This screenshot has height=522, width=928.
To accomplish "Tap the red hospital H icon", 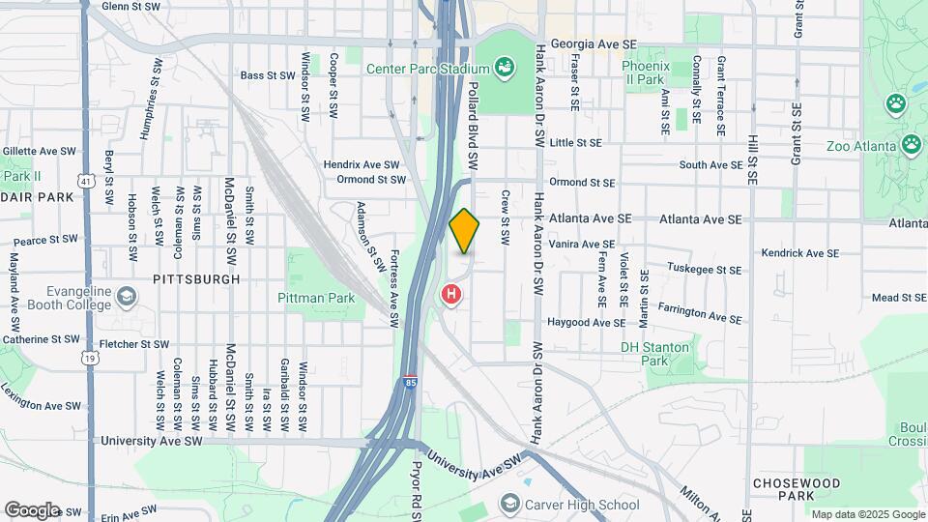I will click(450, 295).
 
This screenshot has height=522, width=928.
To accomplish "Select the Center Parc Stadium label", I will click(427, 69).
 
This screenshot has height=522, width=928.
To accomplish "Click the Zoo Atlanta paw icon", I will click(911, 144).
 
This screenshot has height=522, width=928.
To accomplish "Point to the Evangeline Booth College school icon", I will click(126, 295).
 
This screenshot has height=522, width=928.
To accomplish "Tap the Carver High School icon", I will click(509, 504).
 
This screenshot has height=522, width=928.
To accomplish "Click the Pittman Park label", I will click(316, 299).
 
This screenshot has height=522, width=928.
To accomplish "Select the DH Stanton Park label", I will click(655, 354).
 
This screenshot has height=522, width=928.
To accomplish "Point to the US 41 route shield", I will click(87, 181).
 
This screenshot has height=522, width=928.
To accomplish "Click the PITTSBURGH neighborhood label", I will click(195, 278).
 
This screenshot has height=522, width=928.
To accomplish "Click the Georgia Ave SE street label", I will click(594, 44).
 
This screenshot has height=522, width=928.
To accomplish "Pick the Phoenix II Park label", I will click(644, 72).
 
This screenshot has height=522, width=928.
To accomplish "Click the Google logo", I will click(32, 509).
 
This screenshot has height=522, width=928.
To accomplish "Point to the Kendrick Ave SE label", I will click(800, 253).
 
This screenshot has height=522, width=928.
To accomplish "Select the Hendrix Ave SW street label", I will click(362, 164).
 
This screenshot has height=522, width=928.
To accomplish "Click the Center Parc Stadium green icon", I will click(504, 67).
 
